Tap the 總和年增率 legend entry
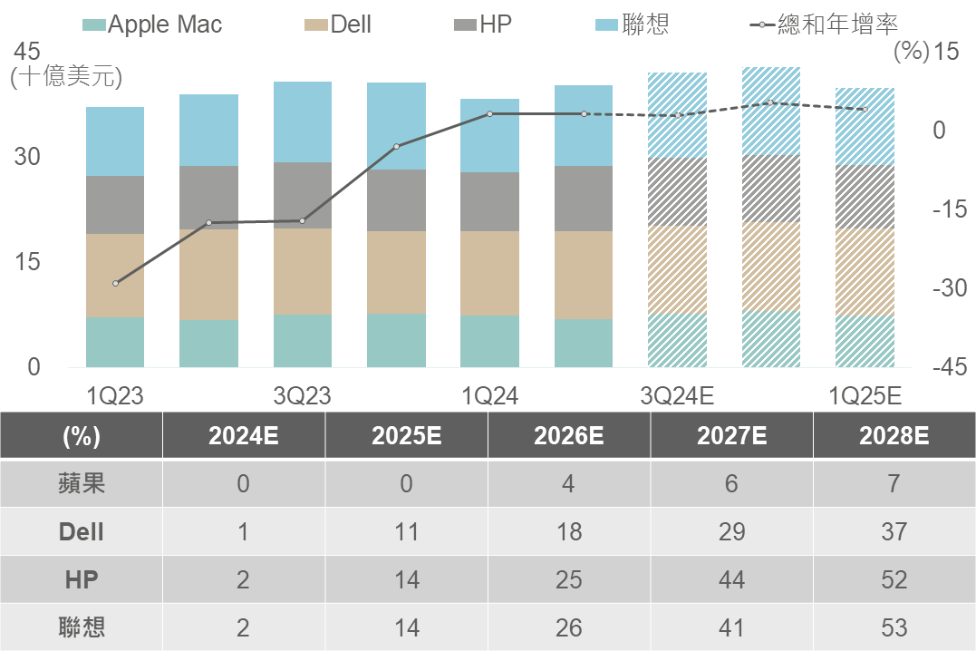coord(825,24)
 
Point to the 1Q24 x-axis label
coord(490,395)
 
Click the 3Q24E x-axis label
coord(677,395)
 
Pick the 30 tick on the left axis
coord(27,157)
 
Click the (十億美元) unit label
coord(65,77)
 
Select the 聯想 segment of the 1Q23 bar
coord(115,141)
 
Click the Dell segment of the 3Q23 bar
coord(303,271)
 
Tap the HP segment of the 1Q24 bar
coord(490,201)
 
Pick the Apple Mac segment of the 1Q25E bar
coord(865,341)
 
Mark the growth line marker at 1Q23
coord(115,284)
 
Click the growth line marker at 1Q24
coord(490,113)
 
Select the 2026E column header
coord(568,436)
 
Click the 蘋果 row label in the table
coord(82,483)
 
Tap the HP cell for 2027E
coord(730,579)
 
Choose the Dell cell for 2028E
coord(894,531)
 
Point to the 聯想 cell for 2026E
coord(568,627)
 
